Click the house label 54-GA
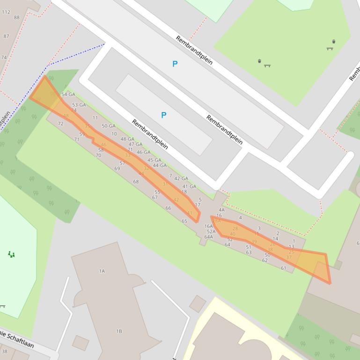(x=68, y=94)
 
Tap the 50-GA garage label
(x=108, y=126)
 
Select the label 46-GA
(x=144, y=152)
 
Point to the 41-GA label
(x=189, y=186)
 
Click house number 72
(x=60, y=124)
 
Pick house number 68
(x=136, y=182)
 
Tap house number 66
(x=168, y=208)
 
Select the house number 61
(x=283, y=268)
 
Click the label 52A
(x=211, y=231)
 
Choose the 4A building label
(x=221, y=210)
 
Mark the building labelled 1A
(x=102, y=271)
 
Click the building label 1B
(x=119, y=331)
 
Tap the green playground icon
(x=11, y=254)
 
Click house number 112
(x=6, y=12)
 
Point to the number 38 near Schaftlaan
(x=5, y=351)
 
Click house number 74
(x=4, y=58)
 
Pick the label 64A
(x=209, y=237)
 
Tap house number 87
(x=6, y=36)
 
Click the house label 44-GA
(x=160, y=166)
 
